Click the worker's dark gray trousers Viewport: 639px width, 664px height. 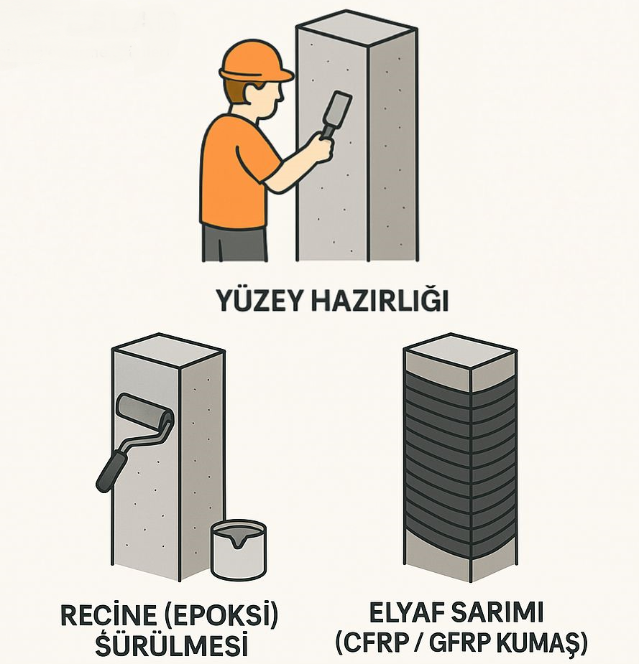point(234,243)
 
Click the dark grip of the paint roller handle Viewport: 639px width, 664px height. point(111,470)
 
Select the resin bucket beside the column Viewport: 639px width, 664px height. point(239,550)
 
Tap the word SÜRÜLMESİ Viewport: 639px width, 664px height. point(171,644)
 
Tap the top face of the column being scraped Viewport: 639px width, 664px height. point(357,28)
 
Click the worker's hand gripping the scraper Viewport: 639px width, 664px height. point(321,146)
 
